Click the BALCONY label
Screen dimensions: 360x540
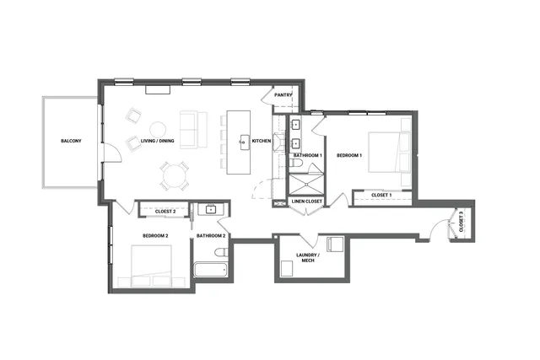[x=71, y=141]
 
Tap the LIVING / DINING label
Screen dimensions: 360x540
[x=158, y=141]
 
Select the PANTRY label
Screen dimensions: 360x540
[x=283, y=95]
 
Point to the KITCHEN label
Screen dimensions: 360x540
[x=262, y=141]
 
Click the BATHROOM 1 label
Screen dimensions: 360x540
[x=308, y=156]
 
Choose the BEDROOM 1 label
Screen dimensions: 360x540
[x=349, y=156]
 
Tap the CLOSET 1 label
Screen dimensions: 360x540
[x=381, y=196]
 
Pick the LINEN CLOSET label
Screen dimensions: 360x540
[x=306, y=201]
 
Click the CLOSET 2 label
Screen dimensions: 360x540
[x=165, y=211]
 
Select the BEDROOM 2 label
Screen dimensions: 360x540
[x=155, y=235]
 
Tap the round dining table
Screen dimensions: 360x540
[x=174, y=176]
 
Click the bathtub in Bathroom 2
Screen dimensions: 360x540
[x=209, y=271]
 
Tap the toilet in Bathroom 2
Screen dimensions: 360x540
[x=220, y=253]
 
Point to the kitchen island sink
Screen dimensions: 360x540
[x=243, y=142]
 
